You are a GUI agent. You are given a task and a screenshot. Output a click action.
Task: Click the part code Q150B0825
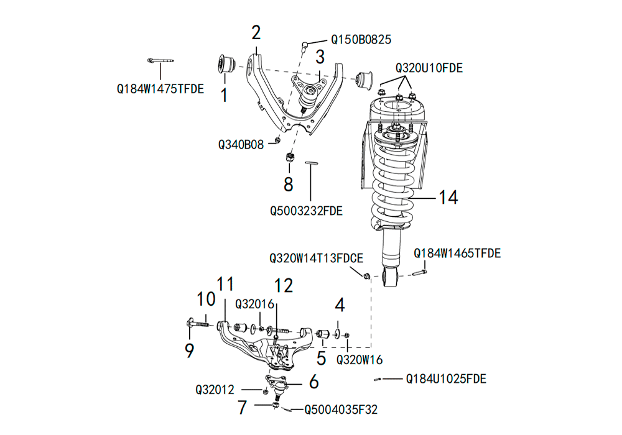coord(361,40)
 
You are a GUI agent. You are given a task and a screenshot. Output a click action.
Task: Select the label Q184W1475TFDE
coord(160,89)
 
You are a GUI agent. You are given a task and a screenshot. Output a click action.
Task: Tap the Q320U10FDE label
coord(429,68)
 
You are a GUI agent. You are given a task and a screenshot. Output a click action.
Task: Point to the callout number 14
coord(448,197)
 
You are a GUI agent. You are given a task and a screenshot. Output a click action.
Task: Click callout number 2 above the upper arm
coord(256,33)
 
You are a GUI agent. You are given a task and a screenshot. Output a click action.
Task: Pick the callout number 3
coord(320,57)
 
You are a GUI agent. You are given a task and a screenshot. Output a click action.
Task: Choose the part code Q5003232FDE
coord(306,211)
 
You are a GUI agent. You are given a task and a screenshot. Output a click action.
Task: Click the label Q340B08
coord(241,145)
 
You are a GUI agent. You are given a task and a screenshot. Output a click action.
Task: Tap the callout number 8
coord(289,185)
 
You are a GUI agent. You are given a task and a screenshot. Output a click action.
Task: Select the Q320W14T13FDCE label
coord(316,259)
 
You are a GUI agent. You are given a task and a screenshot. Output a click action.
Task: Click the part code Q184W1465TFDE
coord(457,253)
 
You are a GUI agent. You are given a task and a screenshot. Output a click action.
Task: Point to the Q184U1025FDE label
coord(446,378)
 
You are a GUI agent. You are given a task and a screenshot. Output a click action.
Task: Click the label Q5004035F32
coord(341,410)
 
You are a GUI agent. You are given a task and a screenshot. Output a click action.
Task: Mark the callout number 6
coord(313,382)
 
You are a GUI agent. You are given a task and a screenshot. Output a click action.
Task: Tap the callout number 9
coord(190,350)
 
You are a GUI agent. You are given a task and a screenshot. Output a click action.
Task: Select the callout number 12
coord(284,286)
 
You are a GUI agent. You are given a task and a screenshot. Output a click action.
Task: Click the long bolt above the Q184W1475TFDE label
coord(160,61)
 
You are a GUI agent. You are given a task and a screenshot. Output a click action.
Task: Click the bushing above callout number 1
coord(226,65)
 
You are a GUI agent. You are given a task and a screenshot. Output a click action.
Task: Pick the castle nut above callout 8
coord(290,157)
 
